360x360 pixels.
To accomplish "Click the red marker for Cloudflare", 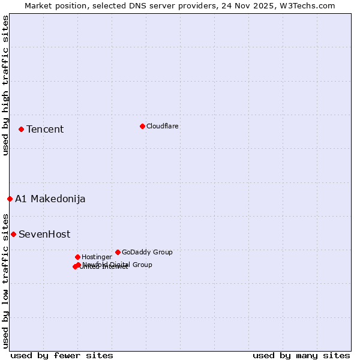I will (142, 126).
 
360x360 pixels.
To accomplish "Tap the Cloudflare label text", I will (162, 126).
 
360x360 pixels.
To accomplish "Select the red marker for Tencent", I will (21, 129).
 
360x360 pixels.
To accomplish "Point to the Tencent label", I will (45, 130).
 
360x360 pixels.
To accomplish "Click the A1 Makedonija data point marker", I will (10, 199).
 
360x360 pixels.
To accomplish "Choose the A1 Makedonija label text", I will (50, 199).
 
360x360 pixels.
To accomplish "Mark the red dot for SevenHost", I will (13, 234).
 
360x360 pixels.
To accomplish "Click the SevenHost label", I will (44, 235).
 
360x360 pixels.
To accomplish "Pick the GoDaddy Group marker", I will (118, 252).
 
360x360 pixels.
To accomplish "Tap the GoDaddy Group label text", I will (147, 253).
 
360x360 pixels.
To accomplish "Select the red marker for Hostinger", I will (77, 257).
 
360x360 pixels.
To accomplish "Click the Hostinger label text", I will (97, 257).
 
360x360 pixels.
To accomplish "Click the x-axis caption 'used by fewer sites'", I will (62, 355).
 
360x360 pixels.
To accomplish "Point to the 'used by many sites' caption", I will (301, 355).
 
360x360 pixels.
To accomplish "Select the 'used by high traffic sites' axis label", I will (5, 85).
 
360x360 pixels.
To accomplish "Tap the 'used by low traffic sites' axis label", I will (5, 281).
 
